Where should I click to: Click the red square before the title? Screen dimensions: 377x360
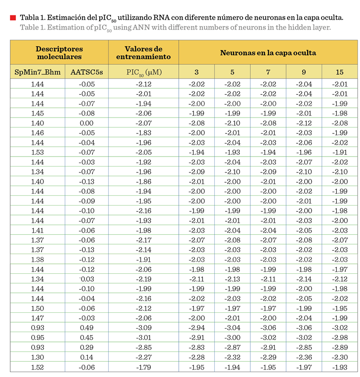coord(13,18)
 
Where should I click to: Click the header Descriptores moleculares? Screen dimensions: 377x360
coord(59,52)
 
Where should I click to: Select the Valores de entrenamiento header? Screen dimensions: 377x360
coord(143,52)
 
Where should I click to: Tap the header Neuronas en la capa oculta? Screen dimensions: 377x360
coord(268,52)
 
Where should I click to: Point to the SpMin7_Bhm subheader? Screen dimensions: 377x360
coord(38,72)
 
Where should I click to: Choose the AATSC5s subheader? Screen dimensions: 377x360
coord(86,72)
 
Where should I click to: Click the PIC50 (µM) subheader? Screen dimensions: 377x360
coord(144,72)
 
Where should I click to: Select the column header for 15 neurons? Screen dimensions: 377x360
coord(339,72)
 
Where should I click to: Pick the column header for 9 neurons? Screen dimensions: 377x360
coord(304,72)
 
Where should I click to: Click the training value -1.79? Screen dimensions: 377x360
coord(144,367)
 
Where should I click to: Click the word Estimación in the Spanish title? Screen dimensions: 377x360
coord(67,18)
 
